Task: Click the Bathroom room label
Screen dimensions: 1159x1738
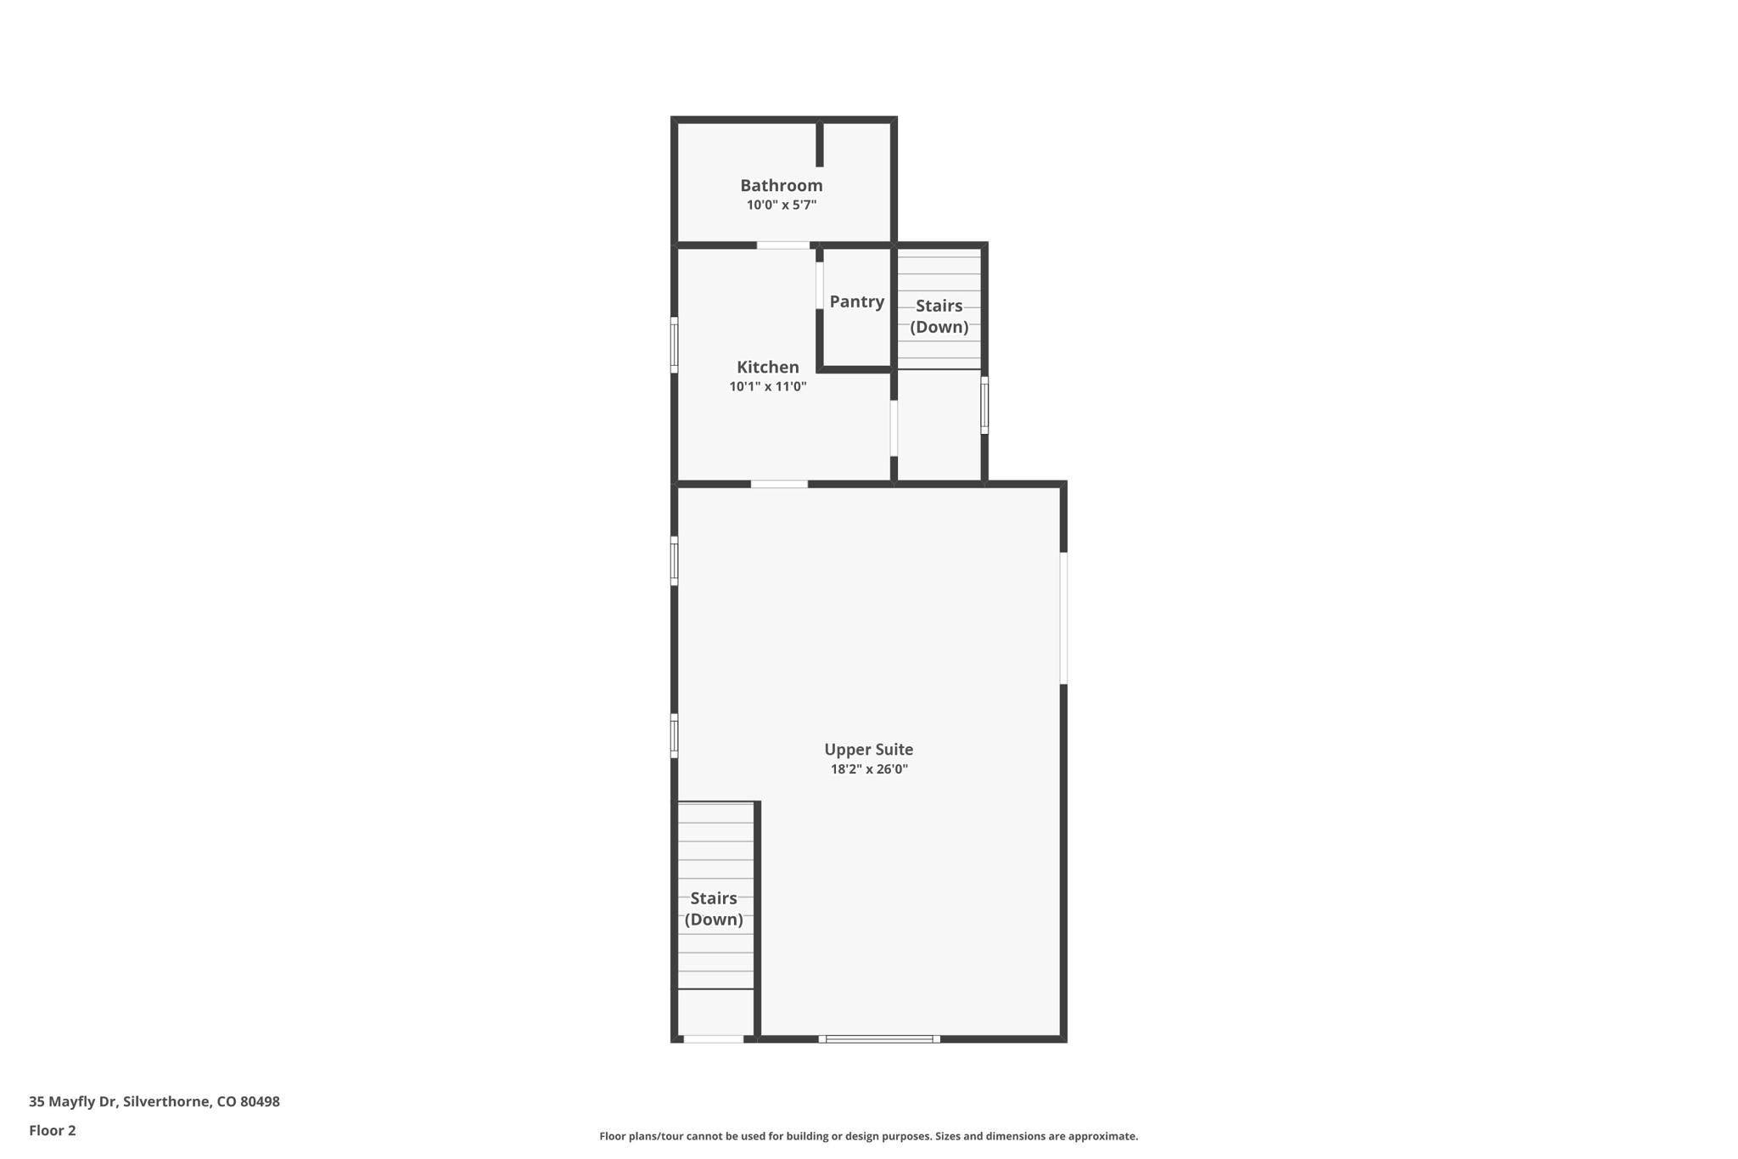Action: coord(781,185)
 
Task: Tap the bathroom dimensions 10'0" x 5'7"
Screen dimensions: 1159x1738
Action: coord(781,205)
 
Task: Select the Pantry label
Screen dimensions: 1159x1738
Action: coord(856,301)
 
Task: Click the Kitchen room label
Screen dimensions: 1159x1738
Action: coord(767,367)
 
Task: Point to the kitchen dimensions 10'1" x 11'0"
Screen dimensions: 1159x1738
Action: coord(767,387)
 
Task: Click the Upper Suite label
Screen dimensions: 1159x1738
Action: coord(868,750)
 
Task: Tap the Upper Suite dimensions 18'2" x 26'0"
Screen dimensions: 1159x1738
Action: coord(868,770)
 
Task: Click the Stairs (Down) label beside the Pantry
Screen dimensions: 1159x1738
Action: coord(939,316)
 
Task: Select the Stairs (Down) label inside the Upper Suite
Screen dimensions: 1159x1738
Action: coord(714,909)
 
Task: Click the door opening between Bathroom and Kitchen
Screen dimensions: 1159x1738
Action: coord(782,245)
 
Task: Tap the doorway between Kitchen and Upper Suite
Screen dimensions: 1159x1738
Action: coord(779,484)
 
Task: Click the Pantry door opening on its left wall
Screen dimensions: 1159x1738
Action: coord(820,285)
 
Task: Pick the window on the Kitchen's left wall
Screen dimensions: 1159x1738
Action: coord(675,345)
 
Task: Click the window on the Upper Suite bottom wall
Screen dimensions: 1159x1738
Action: coord(879,1038)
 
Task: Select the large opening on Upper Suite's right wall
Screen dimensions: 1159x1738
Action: coord(1063,618)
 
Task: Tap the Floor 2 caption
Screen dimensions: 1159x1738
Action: coord(53,1131)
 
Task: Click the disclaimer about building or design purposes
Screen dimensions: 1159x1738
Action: coord(868,1136)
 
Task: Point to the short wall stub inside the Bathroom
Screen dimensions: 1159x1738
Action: coord(820,144)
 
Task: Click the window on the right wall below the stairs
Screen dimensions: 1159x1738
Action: coord(984,405)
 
